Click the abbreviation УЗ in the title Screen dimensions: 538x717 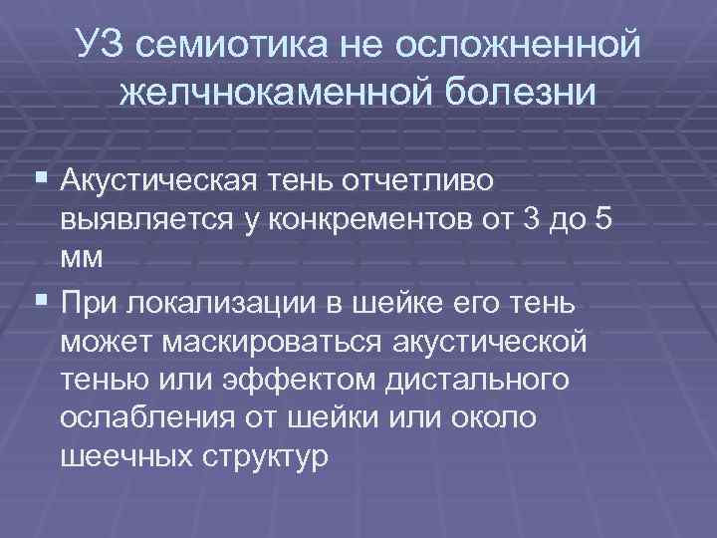[x=103, y=43]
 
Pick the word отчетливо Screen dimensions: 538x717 [x=439, y=181]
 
